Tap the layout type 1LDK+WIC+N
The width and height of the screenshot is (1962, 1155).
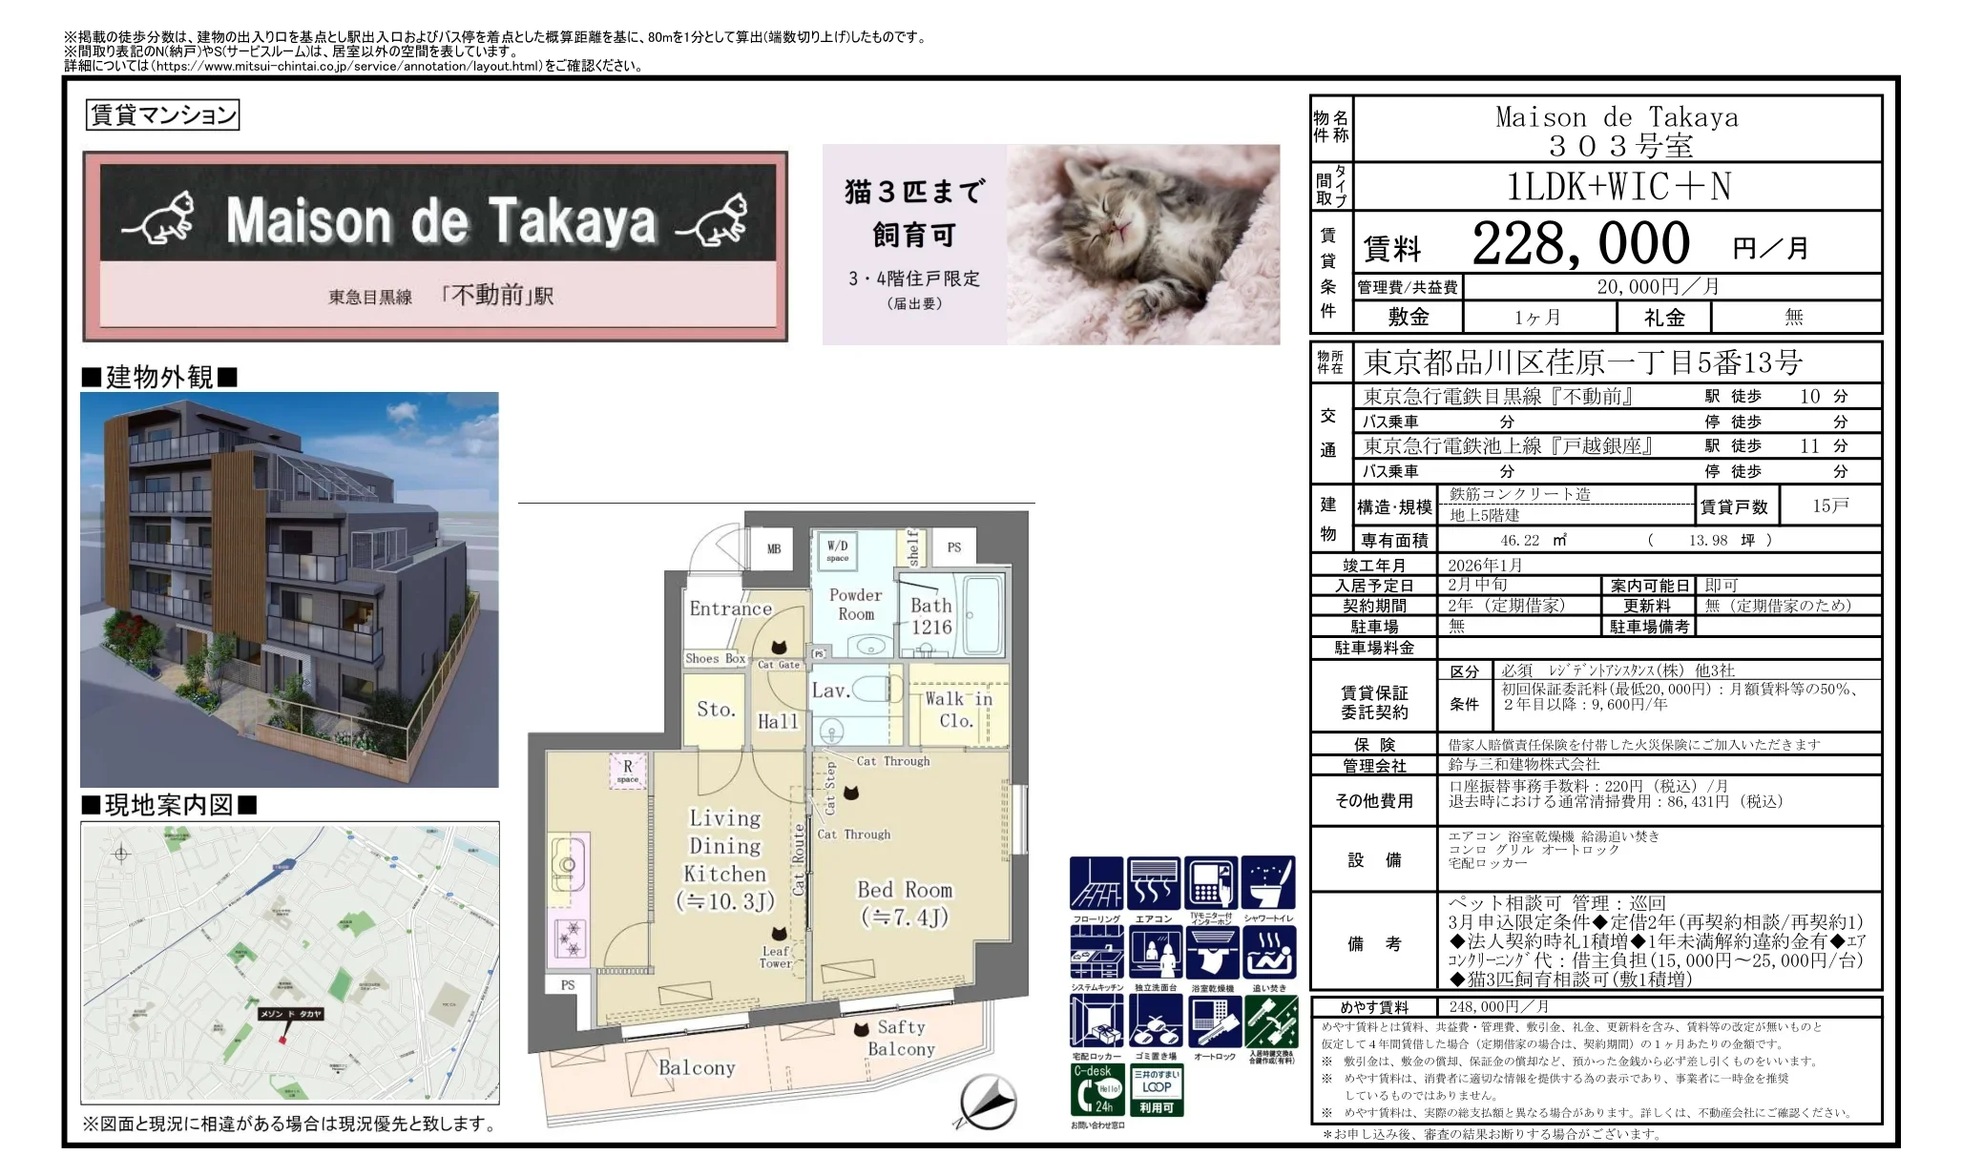(1618, 187)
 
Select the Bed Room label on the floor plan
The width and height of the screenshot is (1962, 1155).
(904, 902)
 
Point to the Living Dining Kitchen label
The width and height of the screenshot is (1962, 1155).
(725, 858)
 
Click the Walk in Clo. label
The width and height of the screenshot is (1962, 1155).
(957, 710)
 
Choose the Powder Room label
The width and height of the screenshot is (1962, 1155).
(856, 604)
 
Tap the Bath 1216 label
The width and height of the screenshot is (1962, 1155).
(930, 616)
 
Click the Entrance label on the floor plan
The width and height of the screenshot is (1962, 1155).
(730, 608)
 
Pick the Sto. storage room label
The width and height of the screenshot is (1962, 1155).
(716, 710)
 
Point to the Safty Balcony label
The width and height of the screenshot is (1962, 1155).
(900, 1038)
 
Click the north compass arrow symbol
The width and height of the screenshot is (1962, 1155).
(987, 1102)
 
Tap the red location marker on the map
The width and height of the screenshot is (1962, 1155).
(282, 1037)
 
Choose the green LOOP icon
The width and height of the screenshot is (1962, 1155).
(1156, 1089)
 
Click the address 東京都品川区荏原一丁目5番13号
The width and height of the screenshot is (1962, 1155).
(1583, 362)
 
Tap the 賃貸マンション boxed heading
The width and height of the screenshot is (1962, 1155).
(162, 115)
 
